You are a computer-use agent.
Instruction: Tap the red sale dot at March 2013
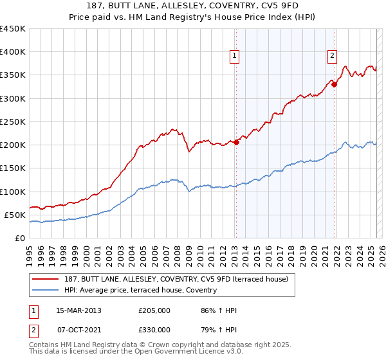tap(236, 143)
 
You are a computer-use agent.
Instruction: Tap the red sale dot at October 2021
tap(335, 84)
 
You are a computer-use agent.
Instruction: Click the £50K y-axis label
tap(14, 215)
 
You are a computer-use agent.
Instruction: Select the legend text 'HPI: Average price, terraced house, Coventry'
tap(141, 291)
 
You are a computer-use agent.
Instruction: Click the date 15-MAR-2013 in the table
tap(79, 310)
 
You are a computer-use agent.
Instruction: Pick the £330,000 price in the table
tap(154, 330)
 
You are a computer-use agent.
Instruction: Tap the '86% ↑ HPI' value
tap(219, 310)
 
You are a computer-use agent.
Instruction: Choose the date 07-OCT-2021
tap(79, 330)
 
